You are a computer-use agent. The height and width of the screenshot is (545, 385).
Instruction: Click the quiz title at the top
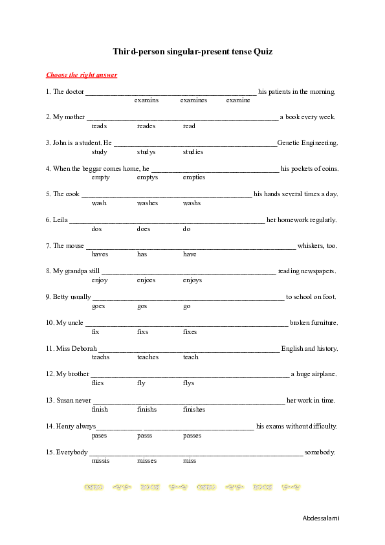point(192,50)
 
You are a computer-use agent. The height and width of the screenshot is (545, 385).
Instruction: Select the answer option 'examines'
point(193,100)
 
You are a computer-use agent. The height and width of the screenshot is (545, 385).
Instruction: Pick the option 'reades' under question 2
point(146,126)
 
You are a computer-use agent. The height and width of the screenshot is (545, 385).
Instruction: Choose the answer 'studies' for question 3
point(193,152)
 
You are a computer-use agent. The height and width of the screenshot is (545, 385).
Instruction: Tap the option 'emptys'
point(148,177)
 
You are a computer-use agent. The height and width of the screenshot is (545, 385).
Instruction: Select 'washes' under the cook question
point(148,203)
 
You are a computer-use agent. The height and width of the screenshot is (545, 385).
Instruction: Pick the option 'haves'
point(100,254)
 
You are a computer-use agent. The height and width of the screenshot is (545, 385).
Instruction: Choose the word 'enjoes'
point(146,280)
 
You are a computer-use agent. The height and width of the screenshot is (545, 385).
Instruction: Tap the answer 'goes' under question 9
point(98,306)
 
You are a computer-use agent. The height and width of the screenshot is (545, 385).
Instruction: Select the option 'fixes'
point(190,331)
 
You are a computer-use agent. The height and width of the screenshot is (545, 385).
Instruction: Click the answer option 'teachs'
point(101,357)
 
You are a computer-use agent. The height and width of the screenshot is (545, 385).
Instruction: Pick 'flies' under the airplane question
point(98,383)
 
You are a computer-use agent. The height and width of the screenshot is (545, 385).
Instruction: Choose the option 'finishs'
point(147,409)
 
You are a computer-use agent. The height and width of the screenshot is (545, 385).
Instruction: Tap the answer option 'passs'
point(145,436)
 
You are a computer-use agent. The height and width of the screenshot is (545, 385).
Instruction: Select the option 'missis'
point(101,461)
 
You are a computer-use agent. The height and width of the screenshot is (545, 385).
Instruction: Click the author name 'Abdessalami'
point(320,518)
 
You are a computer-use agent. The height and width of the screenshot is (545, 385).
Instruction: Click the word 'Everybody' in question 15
point(72,452)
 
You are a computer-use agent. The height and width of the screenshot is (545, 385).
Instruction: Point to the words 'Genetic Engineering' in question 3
point(307,142)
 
